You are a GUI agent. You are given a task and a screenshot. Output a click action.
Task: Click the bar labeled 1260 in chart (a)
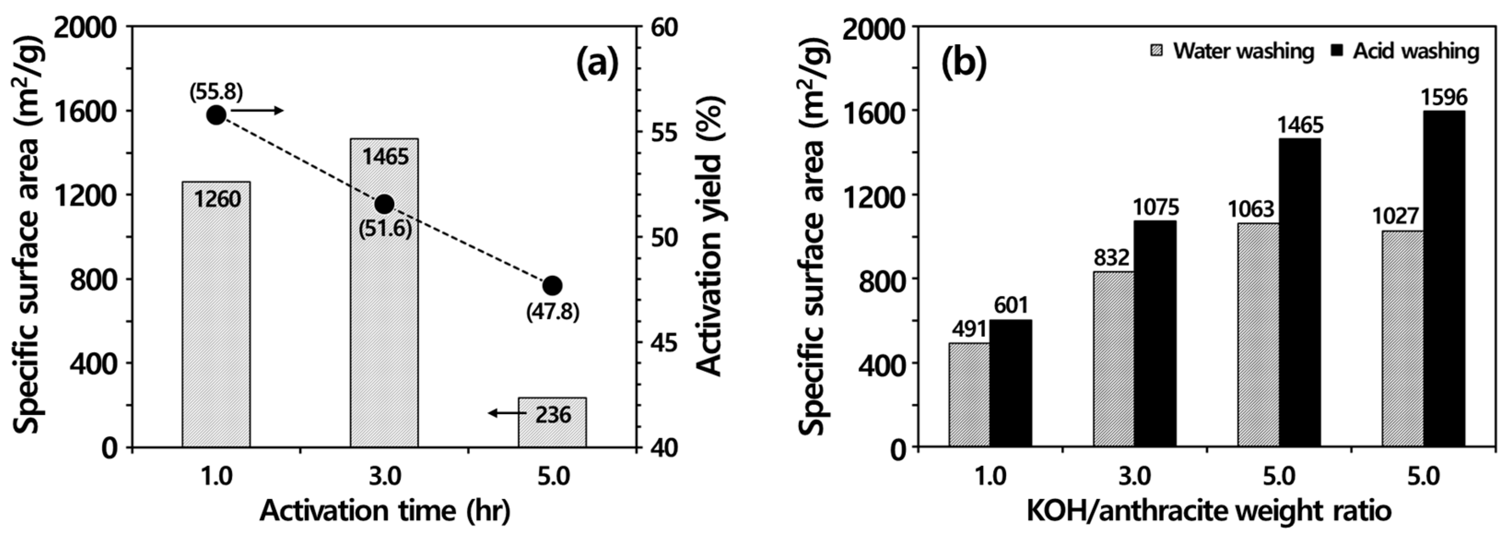tap(216, 315)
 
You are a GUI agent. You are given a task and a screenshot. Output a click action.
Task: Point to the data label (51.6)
tap(385, 229)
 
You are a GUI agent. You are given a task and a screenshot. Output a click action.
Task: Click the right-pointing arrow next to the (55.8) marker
tap(257, 111)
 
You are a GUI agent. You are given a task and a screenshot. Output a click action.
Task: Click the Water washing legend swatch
tap(1156, 51)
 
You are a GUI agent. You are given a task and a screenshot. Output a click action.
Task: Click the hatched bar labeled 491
tap(969, 395)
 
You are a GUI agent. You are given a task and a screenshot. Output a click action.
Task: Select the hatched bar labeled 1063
tap(1258, 335)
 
